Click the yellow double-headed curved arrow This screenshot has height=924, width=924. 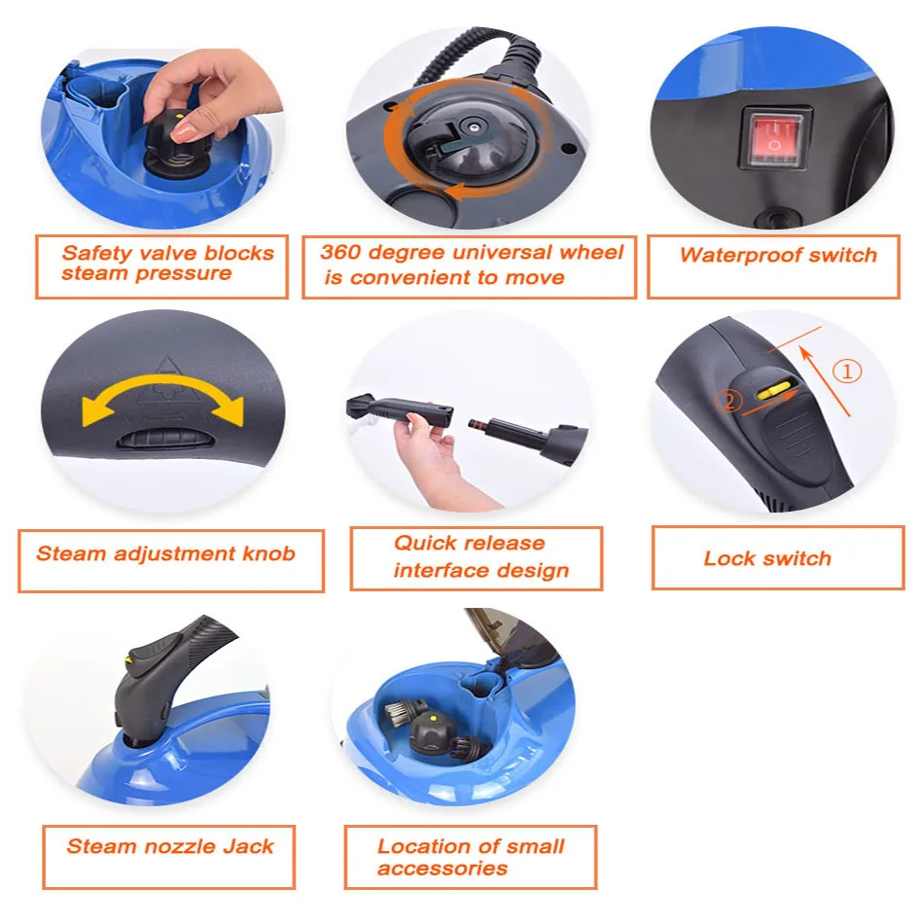162,398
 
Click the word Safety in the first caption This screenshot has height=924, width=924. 96,253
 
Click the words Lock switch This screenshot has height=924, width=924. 767,558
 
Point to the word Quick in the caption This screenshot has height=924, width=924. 427,543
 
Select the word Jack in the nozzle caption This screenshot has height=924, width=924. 248,845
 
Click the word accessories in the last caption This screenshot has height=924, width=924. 443,868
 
